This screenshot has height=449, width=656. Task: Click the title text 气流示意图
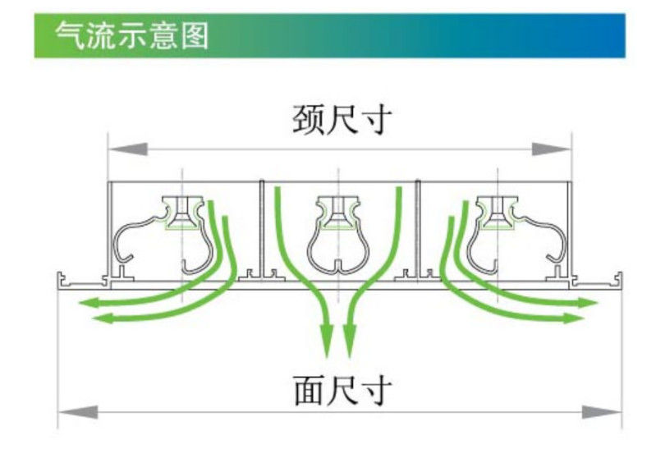click(x=131, y=35)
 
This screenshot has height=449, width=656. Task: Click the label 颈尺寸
click(x=342, y=121)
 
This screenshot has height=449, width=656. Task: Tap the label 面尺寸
click(x=342, y=390)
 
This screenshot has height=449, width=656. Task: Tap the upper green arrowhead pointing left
click(x=87, y=304)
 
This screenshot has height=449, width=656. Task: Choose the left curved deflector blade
click(x=161, y=234)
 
